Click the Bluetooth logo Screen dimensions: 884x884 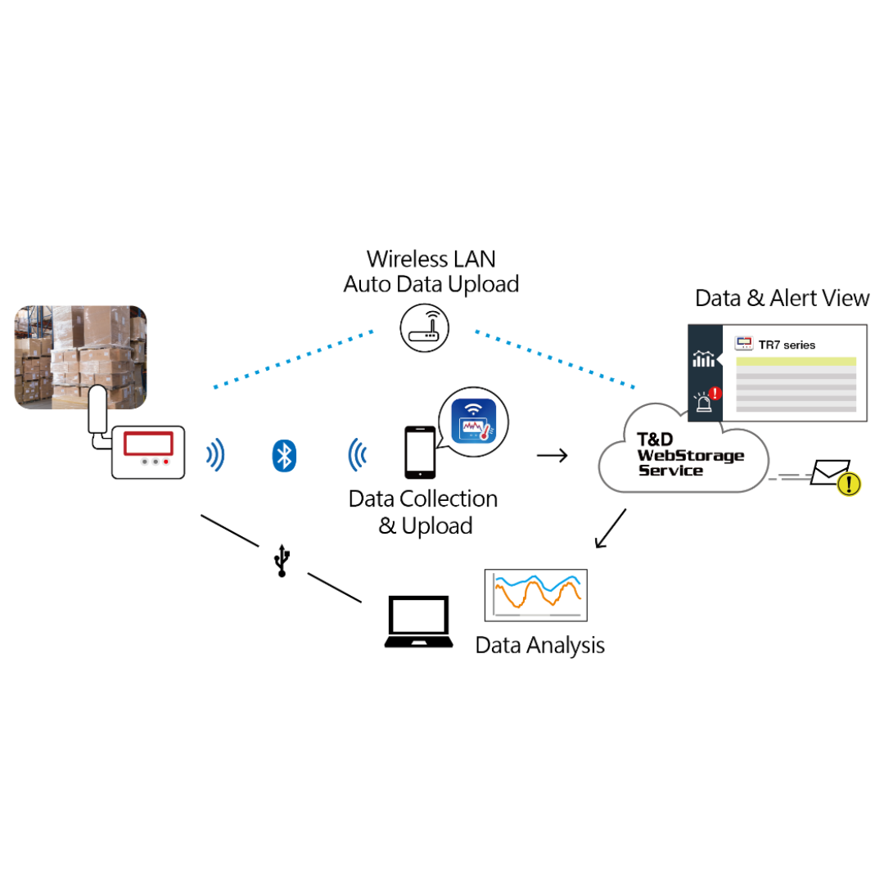coord(284,456)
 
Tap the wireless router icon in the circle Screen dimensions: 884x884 coord(425,328)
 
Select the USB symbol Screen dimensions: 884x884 coord(282,561)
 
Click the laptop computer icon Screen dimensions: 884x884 coord(418,622)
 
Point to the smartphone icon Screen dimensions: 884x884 coord(420,452)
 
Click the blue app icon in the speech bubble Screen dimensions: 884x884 coord(474,421)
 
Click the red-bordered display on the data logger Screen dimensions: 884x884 coord(148,443)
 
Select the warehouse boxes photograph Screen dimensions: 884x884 coord(80,357)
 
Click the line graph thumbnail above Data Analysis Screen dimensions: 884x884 coord(535,595)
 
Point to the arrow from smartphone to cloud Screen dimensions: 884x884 coord(552,455)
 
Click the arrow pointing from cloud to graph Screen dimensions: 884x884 coord(611,528)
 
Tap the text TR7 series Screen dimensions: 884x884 coord(787,345)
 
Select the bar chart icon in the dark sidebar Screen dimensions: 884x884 coord(704,359)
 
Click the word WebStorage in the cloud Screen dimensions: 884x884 coord(691,456)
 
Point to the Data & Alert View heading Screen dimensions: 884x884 coord(782,298)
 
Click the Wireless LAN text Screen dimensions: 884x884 coord(431,259)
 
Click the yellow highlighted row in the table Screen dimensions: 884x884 coord(796,362)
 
